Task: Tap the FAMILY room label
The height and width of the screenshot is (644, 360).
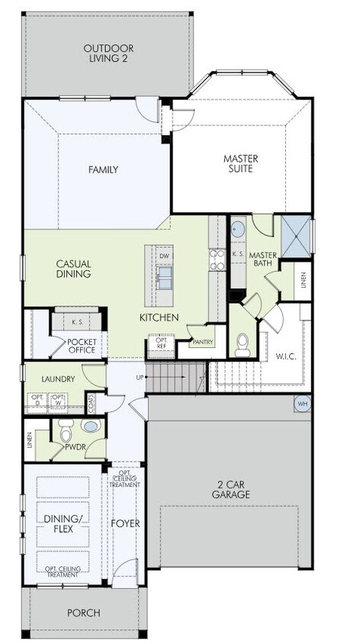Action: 102,169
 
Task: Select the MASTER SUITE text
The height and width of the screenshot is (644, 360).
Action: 240,164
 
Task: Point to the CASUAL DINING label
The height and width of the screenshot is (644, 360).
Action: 74,269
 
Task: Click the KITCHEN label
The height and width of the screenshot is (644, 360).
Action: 159,317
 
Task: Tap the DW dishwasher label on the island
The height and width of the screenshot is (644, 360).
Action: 164,256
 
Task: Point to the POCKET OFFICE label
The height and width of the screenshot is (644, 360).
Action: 81,346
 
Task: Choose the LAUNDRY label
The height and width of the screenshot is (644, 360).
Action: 58,378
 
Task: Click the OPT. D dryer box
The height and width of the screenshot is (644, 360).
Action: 37,401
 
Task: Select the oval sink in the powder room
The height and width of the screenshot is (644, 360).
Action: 90,427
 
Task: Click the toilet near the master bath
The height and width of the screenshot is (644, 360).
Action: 242,347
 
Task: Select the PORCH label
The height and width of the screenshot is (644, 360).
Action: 83,612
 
